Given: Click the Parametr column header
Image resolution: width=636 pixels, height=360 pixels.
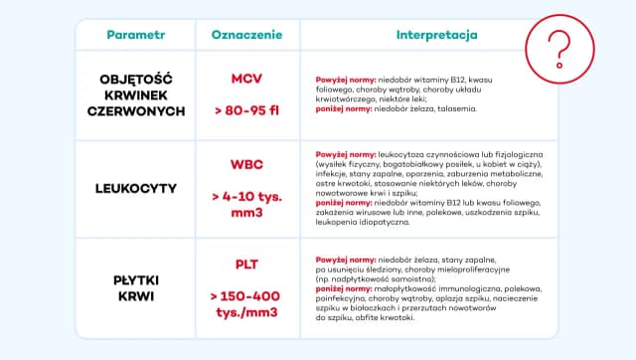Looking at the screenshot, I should click(135, 34).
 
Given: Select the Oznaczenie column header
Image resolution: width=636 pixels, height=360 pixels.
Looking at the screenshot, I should click(246, 34).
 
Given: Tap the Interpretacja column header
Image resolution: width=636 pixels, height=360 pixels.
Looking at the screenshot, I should click(437, 34).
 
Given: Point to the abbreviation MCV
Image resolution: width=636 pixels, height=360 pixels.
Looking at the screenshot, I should click(246, 78).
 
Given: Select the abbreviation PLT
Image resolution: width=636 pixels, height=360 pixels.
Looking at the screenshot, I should click(246, 264).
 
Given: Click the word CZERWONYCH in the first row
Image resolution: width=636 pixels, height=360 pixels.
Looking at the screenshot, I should click(136, 111).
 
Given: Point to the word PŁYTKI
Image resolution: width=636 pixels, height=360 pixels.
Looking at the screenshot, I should click(136, 280).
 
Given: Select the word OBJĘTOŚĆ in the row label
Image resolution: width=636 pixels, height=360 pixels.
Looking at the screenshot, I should click(136, 78).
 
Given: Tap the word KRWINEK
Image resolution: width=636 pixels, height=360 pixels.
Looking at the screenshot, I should click(136, 94).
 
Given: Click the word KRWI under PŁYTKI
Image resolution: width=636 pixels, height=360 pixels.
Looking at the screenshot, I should click(136, 297).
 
